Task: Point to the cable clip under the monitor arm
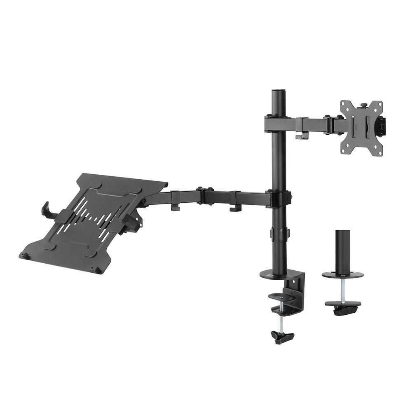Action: click(302, 135)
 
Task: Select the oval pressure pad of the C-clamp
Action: click(281, 295)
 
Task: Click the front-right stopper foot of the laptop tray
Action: click(98, 270)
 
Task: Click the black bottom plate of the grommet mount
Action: click(343, 305)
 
